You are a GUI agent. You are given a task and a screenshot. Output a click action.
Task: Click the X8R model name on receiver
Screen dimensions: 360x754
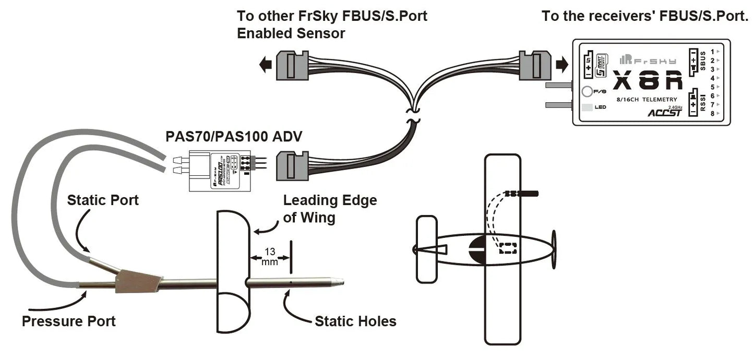tap(647, 81)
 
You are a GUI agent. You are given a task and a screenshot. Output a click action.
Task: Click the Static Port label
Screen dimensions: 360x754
tap(103, 200)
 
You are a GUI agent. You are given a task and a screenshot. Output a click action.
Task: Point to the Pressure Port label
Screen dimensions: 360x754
tap(68, 321)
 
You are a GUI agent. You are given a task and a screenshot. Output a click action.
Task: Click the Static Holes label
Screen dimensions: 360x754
tap(355, 321)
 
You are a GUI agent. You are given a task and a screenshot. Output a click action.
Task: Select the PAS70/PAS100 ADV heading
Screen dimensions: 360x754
tap(234, 137)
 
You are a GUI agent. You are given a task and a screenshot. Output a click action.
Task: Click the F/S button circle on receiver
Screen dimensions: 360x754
tap(587, 92)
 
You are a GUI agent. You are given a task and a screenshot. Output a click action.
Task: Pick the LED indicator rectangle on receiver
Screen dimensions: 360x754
tap(587, 107)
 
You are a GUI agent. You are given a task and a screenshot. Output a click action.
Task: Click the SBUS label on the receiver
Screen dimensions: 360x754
tap(703, 61)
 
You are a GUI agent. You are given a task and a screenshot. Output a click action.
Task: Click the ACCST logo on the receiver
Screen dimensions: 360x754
tap(664, 112)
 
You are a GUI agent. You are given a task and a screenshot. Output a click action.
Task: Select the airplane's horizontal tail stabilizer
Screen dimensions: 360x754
tap(426, 249)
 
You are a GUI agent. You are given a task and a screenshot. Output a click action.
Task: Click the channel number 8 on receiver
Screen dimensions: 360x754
tap(712, 113)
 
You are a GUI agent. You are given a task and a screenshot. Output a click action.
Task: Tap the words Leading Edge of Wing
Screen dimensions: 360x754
tap(329, 208)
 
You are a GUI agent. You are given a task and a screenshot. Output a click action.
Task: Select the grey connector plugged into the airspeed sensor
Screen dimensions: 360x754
tap(288, 164)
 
